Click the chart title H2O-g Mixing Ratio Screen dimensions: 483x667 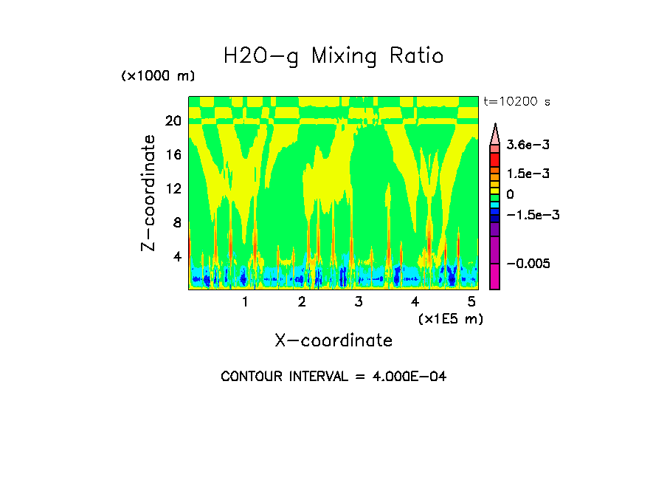coord(333,55)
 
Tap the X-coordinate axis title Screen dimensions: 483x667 coord(333,340)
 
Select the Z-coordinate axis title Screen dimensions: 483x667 coord(148,193)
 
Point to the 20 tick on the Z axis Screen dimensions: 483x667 coord(173,121)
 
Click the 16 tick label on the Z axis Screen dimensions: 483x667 coord(173,155)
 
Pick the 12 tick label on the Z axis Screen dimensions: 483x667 coord(173,189)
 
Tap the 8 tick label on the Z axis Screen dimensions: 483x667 coord(176,222)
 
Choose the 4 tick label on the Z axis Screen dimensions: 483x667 coord(176,256)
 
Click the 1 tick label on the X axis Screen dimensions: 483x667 coord(245,302)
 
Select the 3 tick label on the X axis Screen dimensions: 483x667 coord(358,302)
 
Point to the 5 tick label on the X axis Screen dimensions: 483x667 coord(471,302)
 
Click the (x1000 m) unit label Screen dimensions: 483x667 coord(157,77)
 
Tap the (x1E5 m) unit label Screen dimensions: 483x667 coord(450,319)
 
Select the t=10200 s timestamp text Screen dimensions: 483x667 coord(516,102)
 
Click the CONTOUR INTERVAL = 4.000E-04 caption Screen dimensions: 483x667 coord(333,377)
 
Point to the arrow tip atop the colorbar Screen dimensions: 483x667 coord(494,126)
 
